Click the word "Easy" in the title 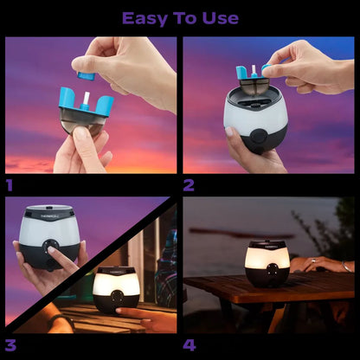(x=144, y=18)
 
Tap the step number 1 (x=10, y=184)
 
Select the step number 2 (x=189, y=184)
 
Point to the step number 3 (x=10, y=344)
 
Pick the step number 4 (x=189, y=344)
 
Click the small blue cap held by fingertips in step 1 (x=86, y=75)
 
